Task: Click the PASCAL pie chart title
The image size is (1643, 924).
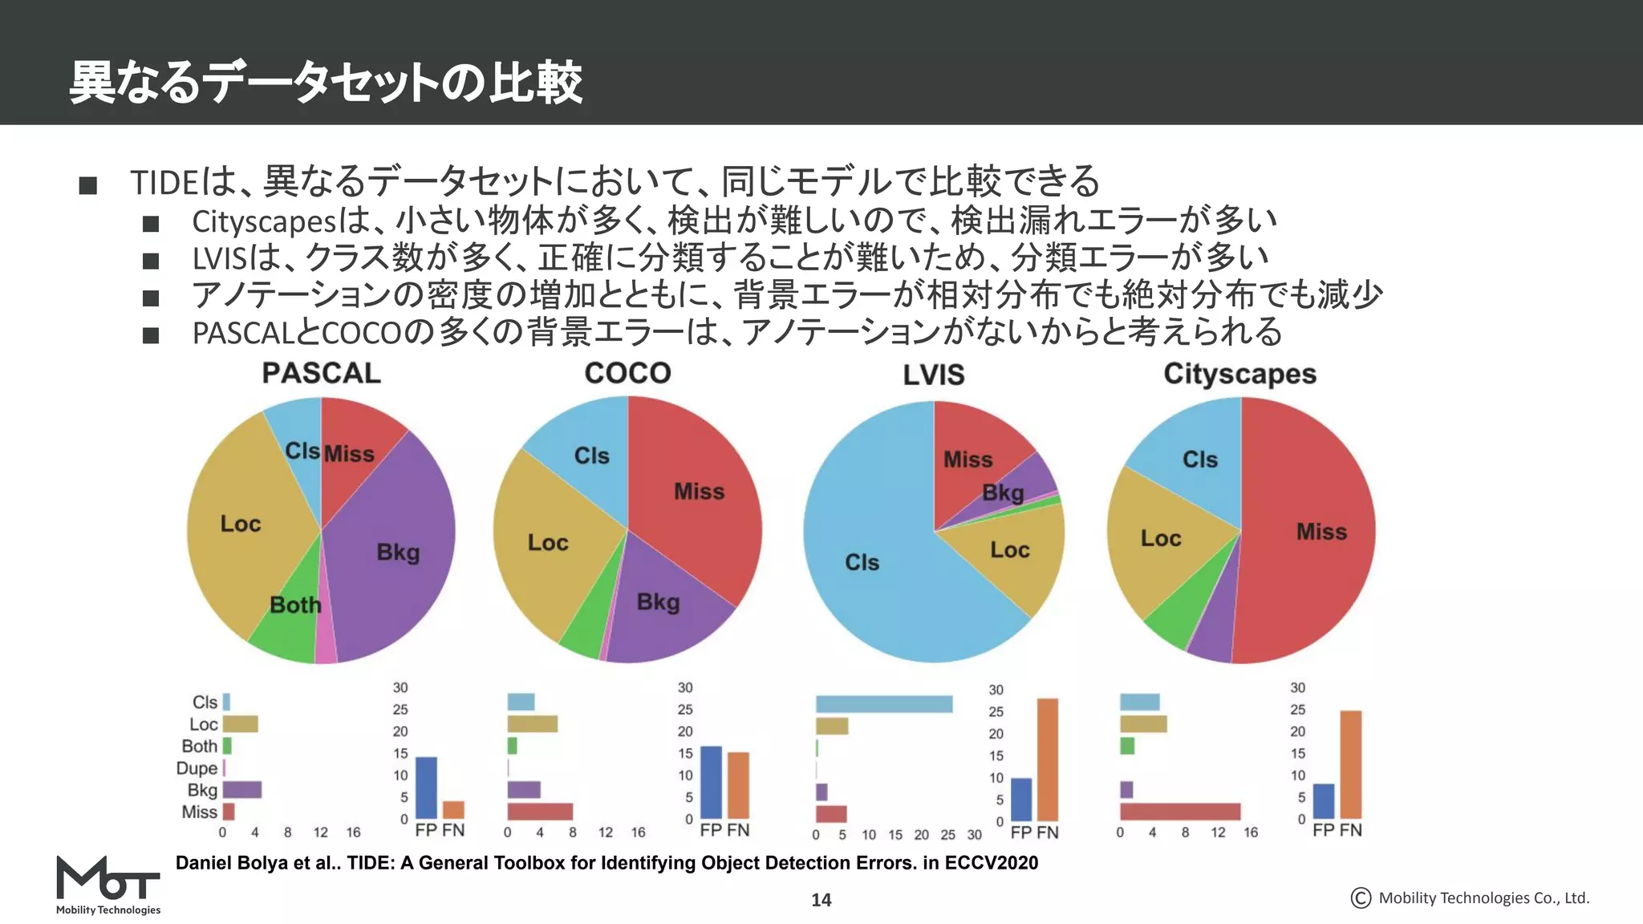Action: click(x=321, y=374)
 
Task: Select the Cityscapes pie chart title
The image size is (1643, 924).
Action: click(x=1239, y=375)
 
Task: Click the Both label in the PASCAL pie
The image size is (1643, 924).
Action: click(x=294, y=605)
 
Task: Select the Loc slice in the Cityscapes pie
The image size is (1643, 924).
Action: click(x=1160, y=538)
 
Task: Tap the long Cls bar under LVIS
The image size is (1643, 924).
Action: click(x=884, y=704)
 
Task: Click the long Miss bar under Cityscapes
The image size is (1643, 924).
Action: click(x=1179, y=812)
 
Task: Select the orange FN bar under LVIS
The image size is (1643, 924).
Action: click(x=1047, y=759)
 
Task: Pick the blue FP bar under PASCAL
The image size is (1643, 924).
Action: click(x=426, y=788)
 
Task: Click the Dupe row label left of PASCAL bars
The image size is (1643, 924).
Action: click(x=197, y=768)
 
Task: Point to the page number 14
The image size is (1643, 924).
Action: click(x=821, y=900)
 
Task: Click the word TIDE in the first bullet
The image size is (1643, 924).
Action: click(x=164, y=183)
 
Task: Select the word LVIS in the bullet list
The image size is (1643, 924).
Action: click(x=219, y=258)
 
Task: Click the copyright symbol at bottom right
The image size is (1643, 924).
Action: click(x=1361, y=898)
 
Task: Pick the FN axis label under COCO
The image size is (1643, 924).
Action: click(x=738, y=830)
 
